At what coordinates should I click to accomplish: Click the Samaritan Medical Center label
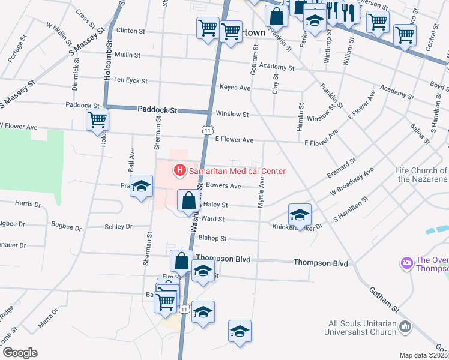point(237,171)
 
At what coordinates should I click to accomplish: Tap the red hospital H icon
point(179,171)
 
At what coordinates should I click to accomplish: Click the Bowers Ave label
point(223,186)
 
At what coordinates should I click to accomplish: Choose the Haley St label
point(217,205)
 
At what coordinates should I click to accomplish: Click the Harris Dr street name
point(28,204)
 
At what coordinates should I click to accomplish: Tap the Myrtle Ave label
point(261,193)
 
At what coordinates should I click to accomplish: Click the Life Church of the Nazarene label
point(421,175)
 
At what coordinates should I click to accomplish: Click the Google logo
point(20,353)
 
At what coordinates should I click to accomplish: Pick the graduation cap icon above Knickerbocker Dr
point(300,214)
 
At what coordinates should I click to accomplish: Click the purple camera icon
point(406,263)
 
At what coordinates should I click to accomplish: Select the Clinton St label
point(131,31)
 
